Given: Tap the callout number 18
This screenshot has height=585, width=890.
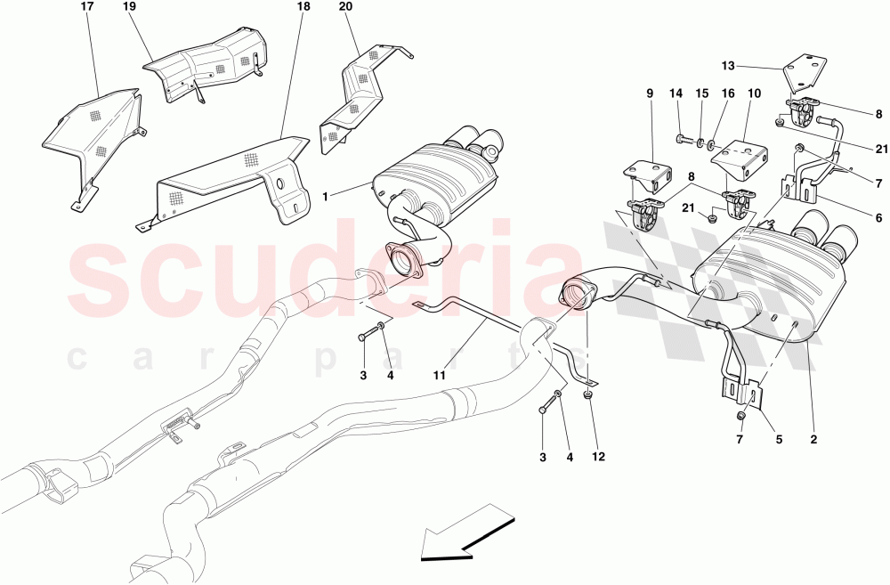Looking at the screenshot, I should (303, 7).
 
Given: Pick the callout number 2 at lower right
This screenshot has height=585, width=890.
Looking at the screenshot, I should (813, 439).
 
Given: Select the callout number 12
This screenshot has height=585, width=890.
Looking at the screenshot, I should (598, 458).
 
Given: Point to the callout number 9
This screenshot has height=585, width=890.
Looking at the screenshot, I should (648, 93).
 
